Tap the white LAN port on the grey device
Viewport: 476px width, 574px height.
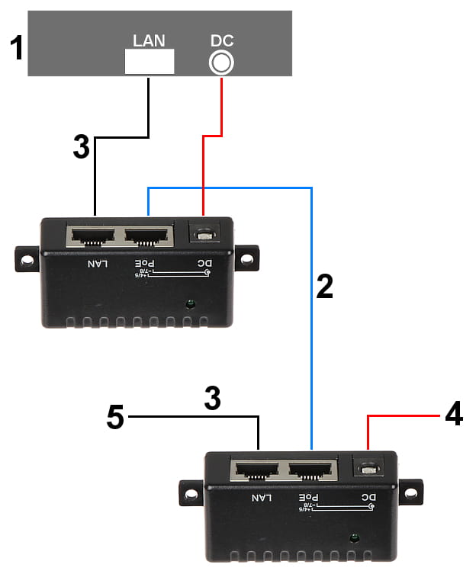pos(149,62)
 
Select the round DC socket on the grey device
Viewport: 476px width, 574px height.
pos(220,63)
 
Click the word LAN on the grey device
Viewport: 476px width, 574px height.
pos(149,40)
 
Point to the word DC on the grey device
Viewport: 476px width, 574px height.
pos(221,40)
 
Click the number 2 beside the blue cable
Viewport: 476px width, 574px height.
pos(324,286)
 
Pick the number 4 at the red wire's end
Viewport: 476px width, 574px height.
pos(453,414)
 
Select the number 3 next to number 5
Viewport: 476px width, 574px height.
pos(212,399)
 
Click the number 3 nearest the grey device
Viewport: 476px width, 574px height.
pos(82,147)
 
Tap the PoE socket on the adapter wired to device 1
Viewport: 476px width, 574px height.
pos(148,236)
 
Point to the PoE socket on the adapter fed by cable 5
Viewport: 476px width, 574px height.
pos(313,471)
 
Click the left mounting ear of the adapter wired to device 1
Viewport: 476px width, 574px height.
pos(27,259)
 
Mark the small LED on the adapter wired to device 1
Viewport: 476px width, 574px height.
pos(190,304)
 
